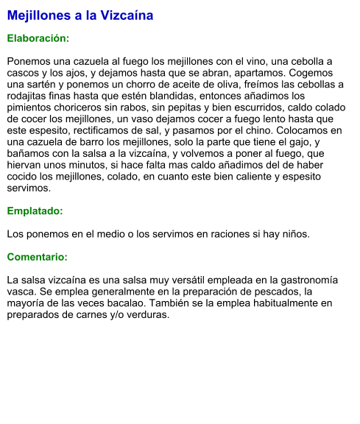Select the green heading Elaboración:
[x=38, y=38]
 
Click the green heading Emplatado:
[x=35, y=211]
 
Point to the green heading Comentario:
[x=37, y=258]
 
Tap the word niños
[x=294, y=235]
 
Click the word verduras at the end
[x=147, y=315]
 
